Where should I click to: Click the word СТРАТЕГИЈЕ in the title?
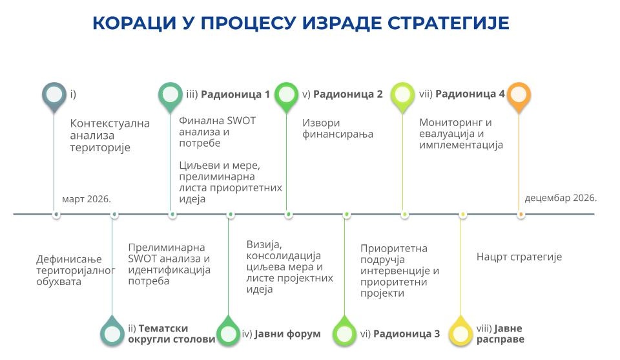pos(448,23)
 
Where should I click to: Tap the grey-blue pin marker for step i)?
pos(54,96)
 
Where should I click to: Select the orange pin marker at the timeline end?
pos(519,96)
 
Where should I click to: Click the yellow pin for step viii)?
pos(460,332)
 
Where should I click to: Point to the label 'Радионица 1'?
pos(235,94)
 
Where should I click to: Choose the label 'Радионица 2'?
pos(348,94)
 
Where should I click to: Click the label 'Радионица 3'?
pos(406,334)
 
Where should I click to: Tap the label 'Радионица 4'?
pos(470,94)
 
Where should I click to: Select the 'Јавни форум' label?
pos(287,334)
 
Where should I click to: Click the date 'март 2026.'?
pos(87,199)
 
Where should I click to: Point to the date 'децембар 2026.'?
pos(561,198)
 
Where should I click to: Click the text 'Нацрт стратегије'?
pos(519,257)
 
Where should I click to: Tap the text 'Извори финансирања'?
pos(338,129)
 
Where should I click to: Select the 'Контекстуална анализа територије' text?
pos(110,135)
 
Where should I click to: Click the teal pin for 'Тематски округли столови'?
pos(112,332)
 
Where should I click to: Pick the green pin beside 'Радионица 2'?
pos(286,96)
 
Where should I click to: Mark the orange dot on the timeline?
pos(521,215)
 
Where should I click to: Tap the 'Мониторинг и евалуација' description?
pos(461,134)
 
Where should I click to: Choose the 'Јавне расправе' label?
pos(501,334)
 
